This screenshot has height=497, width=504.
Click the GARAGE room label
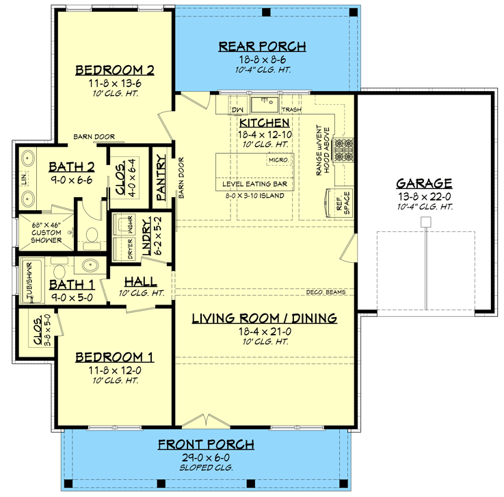click(424, 183)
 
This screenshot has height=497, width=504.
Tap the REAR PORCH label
click(262, 47)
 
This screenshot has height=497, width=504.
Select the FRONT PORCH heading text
click(206, 445)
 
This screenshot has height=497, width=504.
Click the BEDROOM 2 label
click(114, 70)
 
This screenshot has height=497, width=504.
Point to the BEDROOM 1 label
click(114, 357)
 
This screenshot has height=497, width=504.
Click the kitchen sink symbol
click(263, 104)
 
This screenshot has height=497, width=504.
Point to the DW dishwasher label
click(237, 110)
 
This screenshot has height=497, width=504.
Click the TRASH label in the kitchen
click(291, 110)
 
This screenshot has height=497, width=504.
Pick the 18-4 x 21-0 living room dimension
click(264, 331)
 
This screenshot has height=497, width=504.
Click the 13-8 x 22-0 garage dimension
click(424, 196)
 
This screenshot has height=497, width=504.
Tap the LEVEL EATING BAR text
click(255, 185)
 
